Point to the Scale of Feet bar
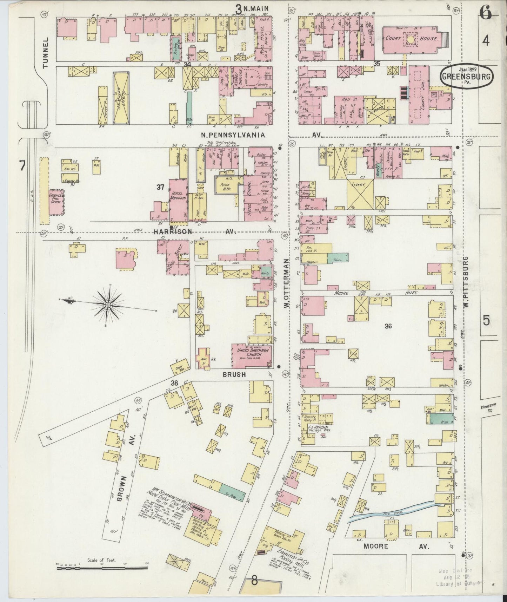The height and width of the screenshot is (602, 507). point(102,567)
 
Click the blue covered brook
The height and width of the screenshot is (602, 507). point(393,513)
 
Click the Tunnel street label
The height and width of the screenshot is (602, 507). point(45,58)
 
